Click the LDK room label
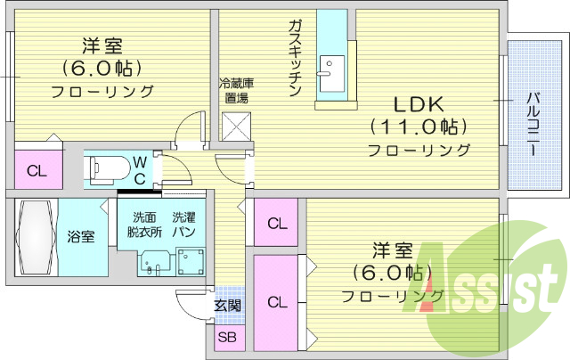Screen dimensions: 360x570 419,102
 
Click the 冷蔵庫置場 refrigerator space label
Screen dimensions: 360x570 236,91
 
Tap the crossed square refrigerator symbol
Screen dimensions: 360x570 237,127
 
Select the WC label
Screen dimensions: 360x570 141,168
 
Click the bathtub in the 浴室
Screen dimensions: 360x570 35,237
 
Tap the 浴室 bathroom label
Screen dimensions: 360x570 81,237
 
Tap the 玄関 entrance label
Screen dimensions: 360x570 227,306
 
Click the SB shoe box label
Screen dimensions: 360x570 227,338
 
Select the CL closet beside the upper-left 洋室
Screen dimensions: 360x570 37,171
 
